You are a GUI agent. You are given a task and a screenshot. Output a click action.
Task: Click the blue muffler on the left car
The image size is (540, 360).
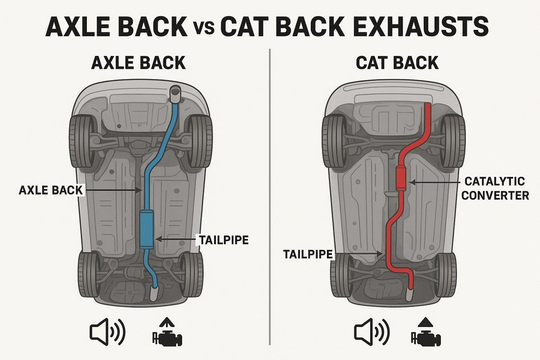(147, 229)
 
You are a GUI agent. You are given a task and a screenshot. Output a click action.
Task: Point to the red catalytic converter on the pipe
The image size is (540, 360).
(401, 179)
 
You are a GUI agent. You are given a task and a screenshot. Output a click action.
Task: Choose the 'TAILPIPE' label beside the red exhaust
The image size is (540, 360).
(308, 254)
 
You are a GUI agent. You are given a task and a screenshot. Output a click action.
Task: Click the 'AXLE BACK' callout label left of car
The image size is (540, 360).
(51, 190)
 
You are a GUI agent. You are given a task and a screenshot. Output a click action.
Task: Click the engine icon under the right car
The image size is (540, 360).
(426, 332)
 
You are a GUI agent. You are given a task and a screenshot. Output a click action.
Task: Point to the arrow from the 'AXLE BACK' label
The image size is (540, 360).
(113, 190)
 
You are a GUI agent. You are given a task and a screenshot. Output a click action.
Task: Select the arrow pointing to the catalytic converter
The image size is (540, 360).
(434, 182)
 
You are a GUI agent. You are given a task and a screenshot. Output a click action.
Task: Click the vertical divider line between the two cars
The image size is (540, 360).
(270, 196)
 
